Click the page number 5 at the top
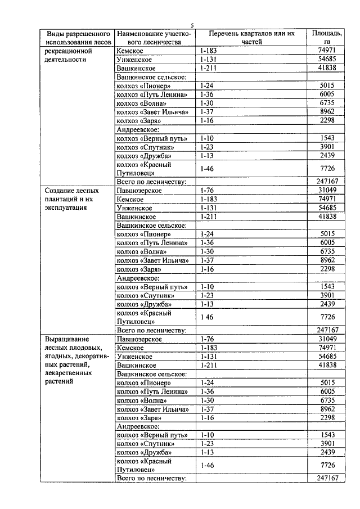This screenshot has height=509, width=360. pyautogui.click(x=192, y=25)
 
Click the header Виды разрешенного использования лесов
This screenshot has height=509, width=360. pyautogui.click(x=78, y=38)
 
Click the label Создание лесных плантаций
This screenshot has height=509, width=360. pyautogui.click(x=69, y=199)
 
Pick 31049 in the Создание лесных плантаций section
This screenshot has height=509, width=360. pyautogui.click(x=326, y=190)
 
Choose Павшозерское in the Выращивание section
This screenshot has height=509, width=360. pyautogui.click(x=139, y=339)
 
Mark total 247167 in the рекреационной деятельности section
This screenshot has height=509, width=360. pyautogui.click(x=327, y=182)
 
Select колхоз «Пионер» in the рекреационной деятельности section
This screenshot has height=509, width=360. pyautogui.click(x=143, y=85)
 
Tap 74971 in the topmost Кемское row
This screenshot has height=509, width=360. pyautogui.click(x=326, y=50)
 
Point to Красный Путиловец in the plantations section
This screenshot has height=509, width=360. pyautogui.click(x=143, y=317)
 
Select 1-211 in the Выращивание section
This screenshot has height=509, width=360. pyautogui.click(x=208, y=365)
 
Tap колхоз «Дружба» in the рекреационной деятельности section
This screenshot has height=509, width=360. pyautogui.click(x=143, y=155)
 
